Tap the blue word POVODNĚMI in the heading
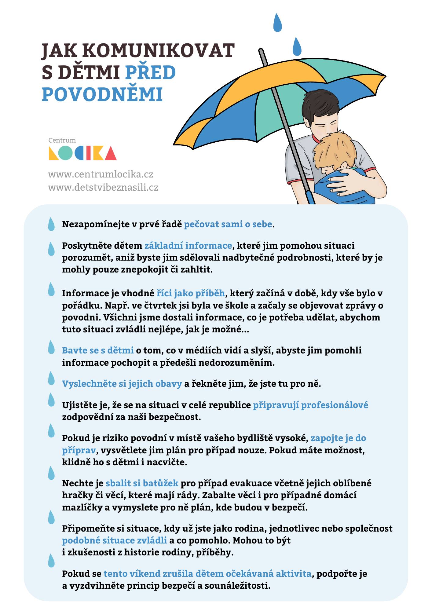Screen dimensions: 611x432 [102, 94]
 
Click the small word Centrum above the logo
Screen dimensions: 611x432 [62, 141]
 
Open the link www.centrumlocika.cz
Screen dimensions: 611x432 [101, 174]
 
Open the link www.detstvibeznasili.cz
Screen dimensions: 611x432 [103, 187]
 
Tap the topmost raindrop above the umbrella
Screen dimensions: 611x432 [277, 23]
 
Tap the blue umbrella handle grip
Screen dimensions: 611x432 [310, 198]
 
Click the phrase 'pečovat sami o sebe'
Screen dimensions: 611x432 [228, 224]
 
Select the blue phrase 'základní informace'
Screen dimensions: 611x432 [188, 246]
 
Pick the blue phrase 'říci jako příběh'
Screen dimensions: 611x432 [191, 293]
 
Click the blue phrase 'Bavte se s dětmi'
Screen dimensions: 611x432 [98, 350]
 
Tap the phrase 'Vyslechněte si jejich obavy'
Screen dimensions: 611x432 [122, 384]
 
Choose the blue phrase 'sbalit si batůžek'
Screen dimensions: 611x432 [142, 483]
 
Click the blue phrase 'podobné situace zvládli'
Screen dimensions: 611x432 [114, 540]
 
